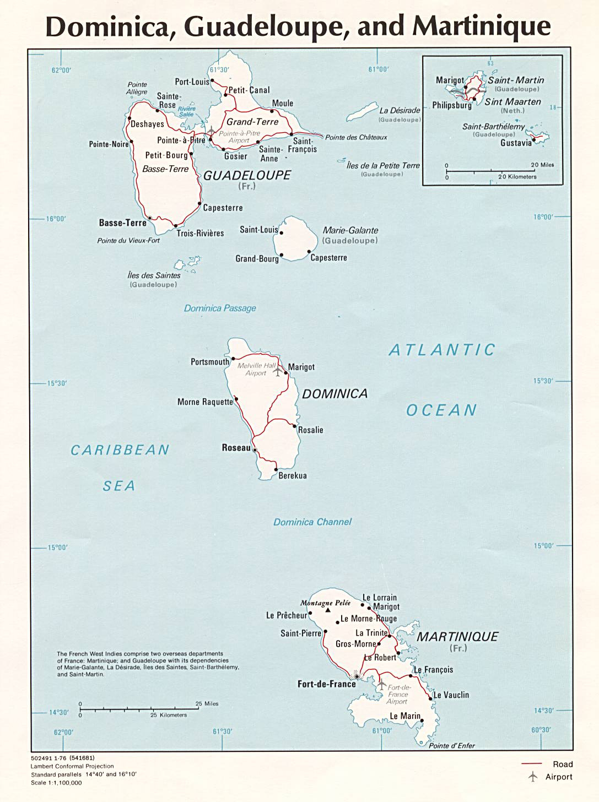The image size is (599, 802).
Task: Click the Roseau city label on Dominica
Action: [x=236, y=448]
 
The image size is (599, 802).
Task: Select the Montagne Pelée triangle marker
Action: [x=328, y=610]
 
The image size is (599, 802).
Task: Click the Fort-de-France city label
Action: [x=326, y=684]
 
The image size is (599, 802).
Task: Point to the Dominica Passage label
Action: [x=220, y=308]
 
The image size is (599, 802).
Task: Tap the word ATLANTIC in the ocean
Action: [x=442, y=350]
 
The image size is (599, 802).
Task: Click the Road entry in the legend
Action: [x=563, y=764]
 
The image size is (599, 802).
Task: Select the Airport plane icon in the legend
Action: [x=532, y=777]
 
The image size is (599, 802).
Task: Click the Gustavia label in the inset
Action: [x=516, y=143]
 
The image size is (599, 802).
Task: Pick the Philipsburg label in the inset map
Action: [x=452, y=105]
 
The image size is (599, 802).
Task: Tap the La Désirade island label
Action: [x=400, y=111]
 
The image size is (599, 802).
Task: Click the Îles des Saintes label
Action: [x=154, y=275]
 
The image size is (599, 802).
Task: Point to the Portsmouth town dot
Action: [x=233, y=359]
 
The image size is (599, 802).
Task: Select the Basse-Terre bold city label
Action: [x=122, y=223]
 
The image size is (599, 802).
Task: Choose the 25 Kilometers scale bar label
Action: [x=169, y=715]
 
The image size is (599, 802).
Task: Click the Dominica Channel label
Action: [x=312, y=522]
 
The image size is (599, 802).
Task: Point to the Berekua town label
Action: [x=292, y=475]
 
